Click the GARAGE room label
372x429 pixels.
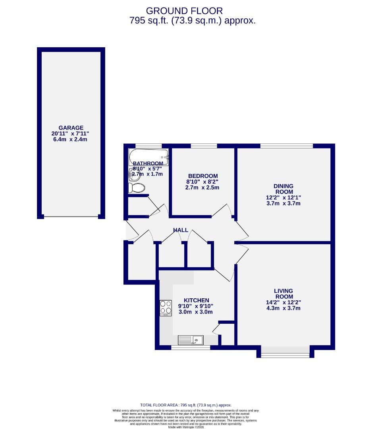71,128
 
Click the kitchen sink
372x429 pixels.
191,340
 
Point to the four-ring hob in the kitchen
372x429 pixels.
166,308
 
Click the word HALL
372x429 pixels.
181,230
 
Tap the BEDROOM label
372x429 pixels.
203,176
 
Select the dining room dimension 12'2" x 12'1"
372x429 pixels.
283,197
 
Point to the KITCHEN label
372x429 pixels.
196,300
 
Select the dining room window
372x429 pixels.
286,146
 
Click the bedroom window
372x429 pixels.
204,146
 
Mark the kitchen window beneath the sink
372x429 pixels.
190,348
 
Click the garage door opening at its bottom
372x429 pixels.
71,216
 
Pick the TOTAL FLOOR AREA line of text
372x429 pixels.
186,405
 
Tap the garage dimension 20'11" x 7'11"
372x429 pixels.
71,133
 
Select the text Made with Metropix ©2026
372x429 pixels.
186,427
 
